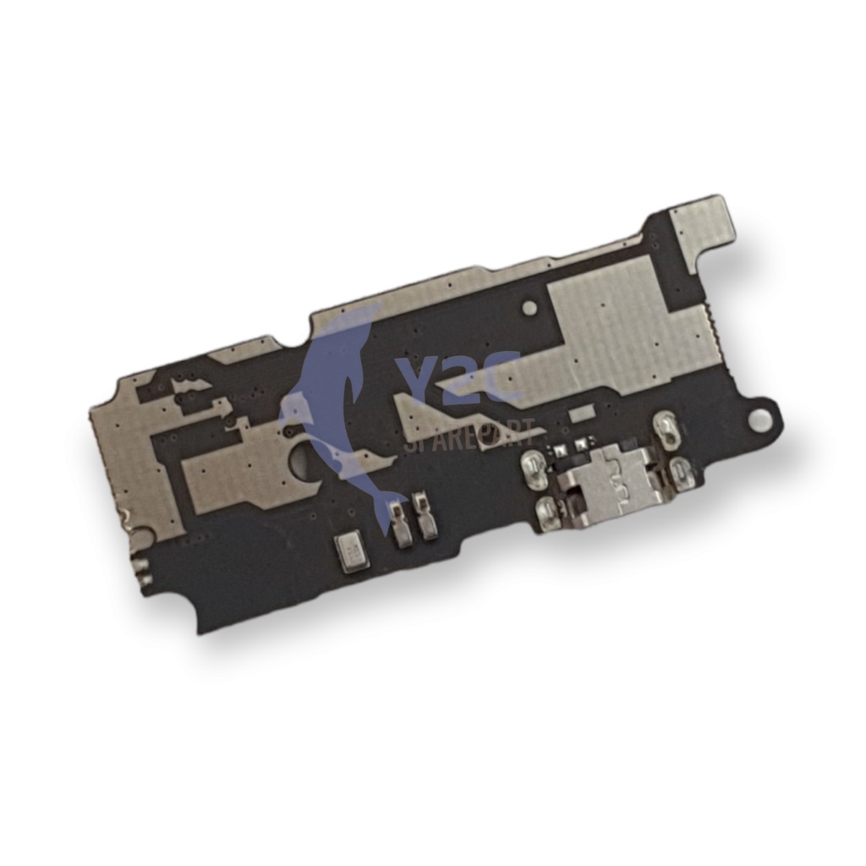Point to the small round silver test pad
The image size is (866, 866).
point(529,307)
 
